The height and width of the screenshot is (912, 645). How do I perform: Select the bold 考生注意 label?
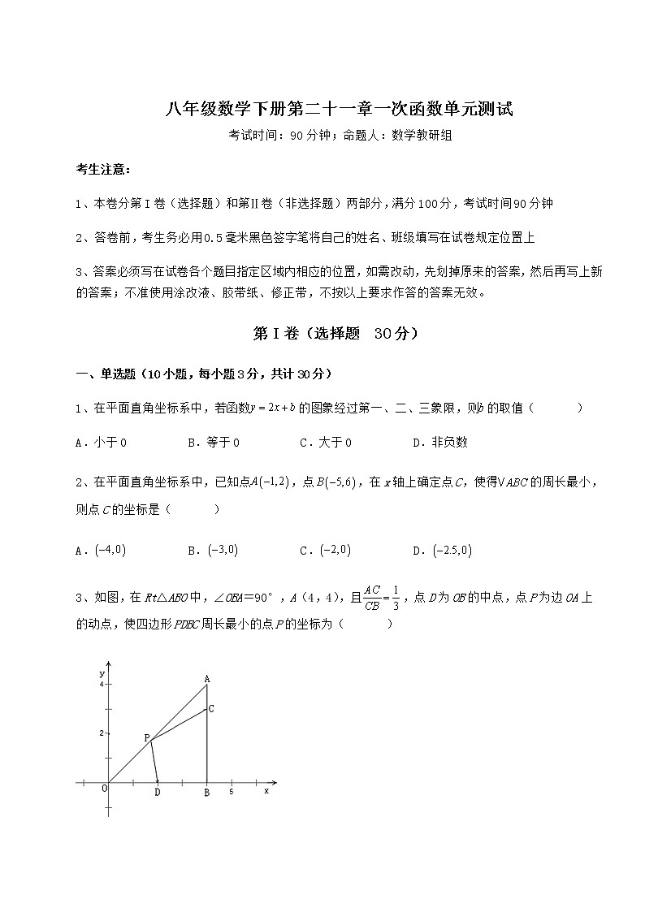tap(102, 169)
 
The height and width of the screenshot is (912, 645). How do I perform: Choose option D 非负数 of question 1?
tap(440, 443)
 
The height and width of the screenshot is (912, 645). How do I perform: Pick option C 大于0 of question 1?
tap(326, 443)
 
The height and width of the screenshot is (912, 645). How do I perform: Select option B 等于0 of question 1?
tap(214, 443)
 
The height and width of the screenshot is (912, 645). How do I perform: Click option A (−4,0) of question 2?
tap(101, 550)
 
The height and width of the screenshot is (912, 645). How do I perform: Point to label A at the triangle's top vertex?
tap(207, 679)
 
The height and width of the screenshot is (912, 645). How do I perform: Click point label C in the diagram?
tap(211, 709)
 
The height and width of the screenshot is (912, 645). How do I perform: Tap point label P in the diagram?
tap(146, 737)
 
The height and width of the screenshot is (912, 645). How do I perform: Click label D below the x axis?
tap(158, 793)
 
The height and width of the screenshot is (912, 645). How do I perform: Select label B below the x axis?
tap(206, 793)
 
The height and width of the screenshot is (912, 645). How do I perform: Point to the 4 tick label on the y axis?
tap(102, 685)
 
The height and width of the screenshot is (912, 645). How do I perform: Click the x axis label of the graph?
tap(266, 791)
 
